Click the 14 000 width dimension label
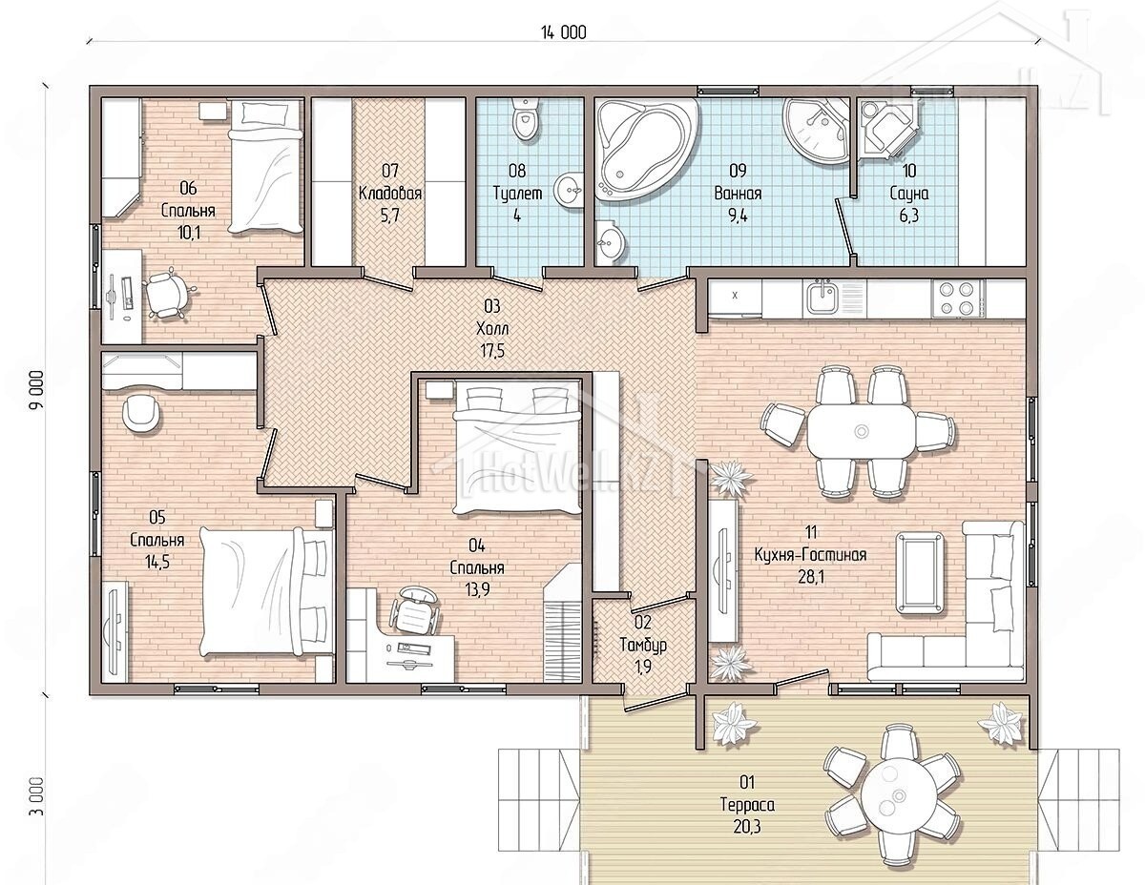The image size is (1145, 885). tap(563, 32)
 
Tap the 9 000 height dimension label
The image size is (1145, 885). tap(37, 391)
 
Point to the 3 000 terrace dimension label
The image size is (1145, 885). tap(37, 795)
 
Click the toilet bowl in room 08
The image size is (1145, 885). tap(526, 119)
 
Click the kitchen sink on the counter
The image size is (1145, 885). tap(822, 298)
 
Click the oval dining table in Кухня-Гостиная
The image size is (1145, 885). tap(861, 432)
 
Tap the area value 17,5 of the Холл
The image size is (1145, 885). tap(492, 350)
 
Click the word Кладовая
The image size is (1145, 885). tap(390, 194)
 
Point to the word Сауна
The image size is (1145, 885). tap(908, 194)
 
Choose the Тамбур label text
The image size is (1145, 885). tap(643, 645)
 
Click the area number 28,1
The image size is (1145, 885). tap(810, 577)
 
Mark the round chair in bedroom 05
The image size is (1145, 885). tap(141, 412)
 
